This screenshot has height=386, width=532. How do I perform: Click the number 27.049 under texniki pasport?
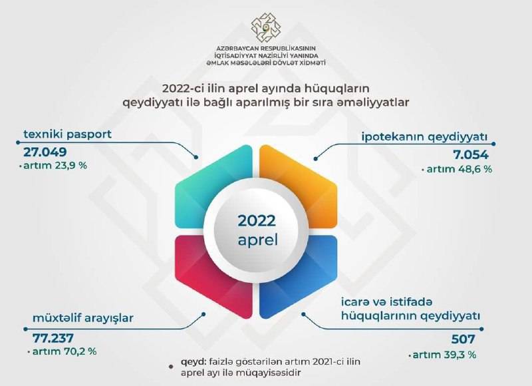[45, 152]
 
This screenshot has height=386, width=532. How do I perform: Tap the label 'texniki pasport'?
[68, 134]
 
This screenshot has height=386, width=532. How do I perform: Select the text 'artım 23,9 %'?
[55, 166]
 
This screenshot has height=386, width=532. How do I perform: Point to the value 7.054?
[471, 155]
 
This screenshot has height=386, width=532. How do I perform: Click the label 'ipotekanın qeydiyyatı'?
[424, 137]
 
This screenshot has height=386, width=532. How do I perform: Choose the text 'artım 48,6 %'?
[460, 169]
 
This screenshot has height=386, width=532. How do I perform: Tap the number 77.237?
[53, 338]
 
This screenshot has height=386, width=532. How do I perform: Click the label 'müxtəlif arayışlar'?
[83, 318]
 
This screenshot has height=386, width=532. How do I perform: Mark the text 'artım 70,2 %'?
[65, 351]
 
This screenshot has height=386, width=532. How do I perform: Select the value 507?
[464, 339]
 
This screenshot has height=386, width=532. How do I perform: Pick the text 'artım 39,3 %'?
[444, 355]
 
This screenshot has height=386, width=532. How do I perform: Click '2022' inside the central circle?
[257, 221]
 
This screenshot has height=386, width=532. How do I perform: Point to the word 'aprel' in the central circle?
[258, 240]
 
